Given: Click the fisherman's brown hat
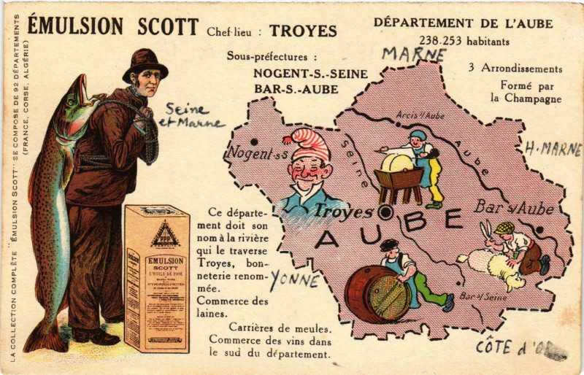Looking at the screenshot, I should click(145, 63).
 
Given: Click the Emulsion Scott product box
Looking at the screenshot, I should click(156, 277).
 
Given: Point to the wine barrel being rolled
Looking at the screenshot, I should click(377, 293).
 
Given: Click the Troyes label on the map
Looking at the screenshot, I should click(343, 212).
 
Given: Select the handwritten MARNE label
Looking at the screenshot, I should click(414, 54).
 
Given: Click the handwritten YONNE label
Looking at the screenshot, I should click(294, 279).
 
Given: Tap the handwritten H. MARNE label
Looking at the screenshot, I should click(553, 150).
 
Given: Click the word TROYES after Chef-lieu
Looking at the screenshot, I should click(303, 31).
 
